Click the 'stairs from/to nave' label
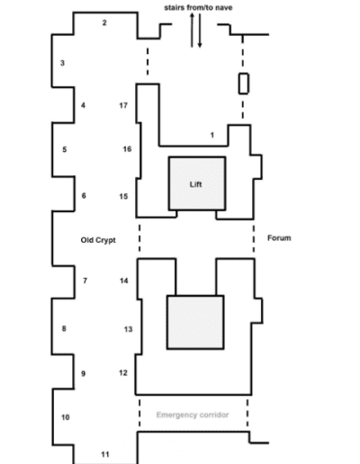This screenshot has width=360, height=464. coord(198,7)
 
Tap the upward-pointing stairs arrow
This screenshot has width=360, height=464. coord(192,30)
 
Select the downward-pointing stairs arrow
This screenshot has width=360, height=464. coord(200,31)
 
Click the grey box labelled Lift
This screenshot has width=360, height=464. coord(197,183)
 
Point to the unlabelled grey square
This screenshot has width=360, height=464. coord(195,323)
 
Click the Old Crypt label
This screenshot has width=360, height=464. coord(98,240)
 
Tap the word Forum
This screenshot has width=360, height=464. coord(279,238)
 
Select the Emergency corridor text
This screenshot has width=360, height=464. coord(193,415)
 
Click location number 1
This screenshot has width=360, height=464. coord(212,135)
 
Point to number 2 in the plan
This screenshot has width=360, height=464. coord(104,22)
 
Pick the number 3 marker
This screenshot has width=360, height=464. coord(62,63)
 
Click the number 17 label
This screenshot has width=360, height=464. coord(123,105)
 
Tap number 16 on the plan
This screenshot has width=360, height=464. coord(127,149)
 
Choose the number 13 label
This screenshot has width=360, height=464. coord(128,329)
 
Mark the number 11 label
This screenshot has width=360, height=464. coord(105,454)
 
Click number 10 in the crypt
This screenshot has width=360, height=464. coord(66,417)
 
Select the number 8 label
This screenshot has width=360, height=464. coord(64,328)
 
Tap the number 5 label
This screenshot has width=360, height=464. coord(65,149)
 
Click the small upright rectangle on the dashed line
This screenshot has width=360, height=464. coord(244,84)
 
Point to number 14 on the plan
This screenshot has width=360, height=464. coord(124,281)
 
